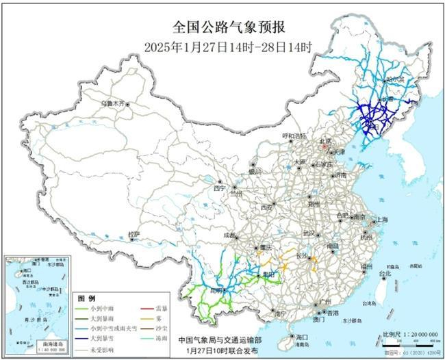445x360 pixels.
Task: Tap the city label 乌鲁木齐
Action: pos(114,103)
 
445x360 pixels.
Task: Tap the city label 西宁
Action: pos(218,187)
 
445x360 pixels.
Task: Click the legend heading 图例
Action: pos(86,299)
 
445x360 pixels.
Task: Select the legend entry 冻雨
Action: pos(162,338)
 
